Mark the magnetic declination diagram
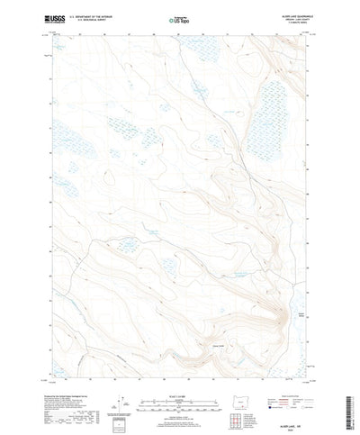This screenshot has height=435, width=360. click(x=120, y=378)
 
